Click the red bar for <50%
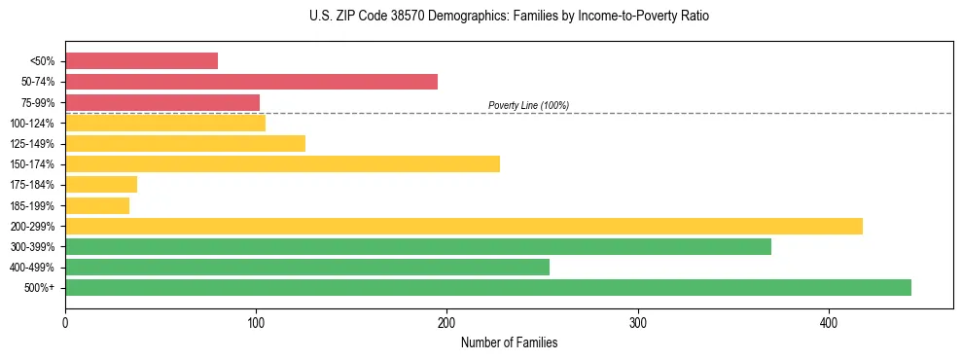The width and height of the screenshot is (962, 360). [141, 61]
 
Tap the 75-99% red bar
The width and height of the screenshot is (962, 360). [162, 102]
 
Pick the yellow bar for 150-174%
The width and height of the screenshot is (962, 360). [282, 163]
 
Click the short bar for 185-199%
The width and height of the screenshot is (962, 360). [97, 205]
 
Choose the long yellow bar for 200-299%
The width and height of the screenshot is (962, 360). [464, 226]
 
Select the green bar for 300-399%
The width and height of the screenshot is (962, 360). [418, 246]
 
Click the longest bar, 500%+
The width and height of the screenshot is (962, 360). [488, 287]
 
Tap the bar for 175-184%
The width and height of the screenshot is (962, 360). [101, 184]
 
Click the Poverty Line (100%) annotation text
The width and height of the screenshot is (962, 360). [528, 105]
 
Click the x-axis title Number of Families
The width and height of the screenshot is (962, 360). [509, 342]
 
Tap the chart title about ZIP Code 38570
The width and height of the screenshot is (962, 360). [509, 17]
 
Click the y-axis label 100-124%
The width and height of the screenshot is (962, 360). [32, 124]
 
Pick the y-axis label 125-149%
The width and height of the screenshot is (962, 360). [32, 144]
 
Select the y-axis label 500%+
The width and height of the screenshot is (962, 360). [40, 288]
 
